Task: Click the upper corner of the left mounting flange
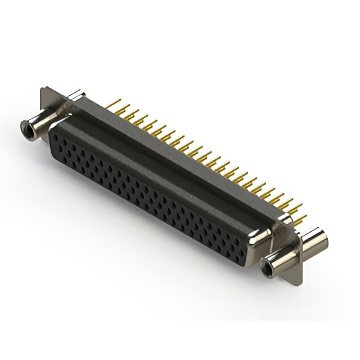[x=44, y=89]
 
